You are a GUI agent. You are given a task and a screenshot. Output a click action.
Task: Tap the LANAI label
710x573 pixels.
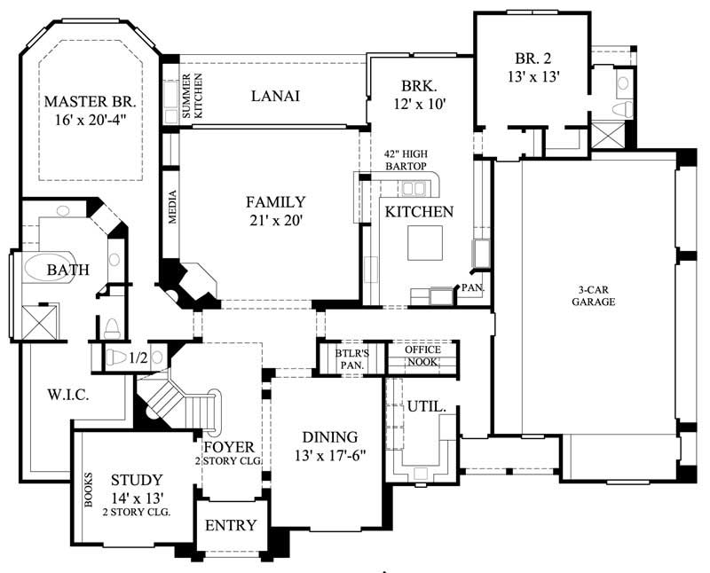pyautogui.click(x=274, y=96)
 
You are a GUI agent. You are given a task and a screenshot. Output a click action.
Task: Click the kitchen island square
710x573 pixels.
pyautogui.click(x=424, y=242)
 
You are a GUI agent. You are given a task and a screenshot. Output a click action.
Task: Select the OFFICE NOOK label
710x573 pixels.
pyautogui.click(x=422, y=356)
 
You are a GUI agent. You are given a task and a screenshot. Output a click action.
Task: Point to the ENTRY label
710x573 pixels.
pyautogui.click(x=231, y=525)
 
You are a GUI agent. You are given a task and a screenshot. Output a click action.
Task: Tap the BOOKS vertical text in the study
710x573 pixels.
pyautogui.click(x=88, y=488)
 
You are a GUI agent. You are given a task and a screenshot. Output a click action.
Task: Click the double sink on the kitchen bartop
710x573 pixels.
pyautogui.click(x=413, y=188)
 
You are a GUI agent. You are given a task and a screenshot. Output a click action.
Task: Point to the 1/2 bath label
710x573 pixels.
pyautogui.click(x=138, y=357)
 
